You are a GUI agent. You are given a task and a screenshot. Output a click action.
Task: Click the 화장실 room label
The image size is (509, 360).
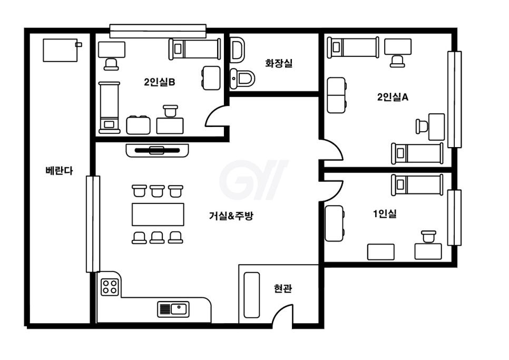279,63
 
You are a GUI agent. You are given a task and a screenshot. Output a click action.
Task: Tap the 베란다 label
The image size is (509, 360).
59,170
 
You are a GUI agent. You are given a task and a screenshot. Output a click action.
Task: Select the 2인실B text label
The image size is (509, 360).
159,82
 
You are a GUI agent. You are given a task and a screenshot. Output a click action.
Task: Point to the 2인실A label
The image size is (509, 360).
393,97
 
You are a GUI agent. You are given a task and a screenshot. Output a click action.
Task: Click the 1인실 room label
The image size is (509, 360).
385,214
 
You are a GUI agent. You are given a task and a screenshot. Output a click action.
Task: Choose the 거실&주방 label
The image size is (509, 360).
231,216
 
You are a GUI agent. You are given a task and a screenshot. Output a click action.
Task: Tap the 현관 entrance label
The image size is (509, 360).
283,288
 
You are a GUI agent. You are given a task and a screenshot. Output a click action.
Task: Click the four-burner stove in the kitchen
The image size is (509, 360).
110,287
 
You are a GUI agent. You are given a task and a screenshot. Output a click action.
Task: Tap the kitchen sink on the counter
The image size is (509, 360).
173,309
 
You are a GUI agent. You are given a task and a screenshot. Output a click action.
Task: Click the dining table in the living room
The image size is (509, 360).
158,215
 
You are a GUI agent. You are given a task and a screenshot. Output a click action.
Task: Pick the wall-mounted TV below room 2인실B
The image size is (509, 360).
158,151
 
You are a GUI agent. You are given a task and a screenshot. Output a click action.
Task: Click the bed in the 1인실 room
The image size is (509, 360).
417,184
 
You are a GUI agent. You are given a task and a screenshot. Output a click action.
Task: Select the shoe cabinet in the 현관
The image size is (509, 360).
251,295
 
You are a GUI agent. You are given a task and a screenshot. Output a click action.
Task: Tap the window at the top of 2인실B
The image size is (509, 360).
158,31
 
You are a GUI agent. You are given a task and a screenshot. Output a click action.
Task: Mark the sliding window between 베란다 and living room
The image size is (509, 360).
93,224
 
